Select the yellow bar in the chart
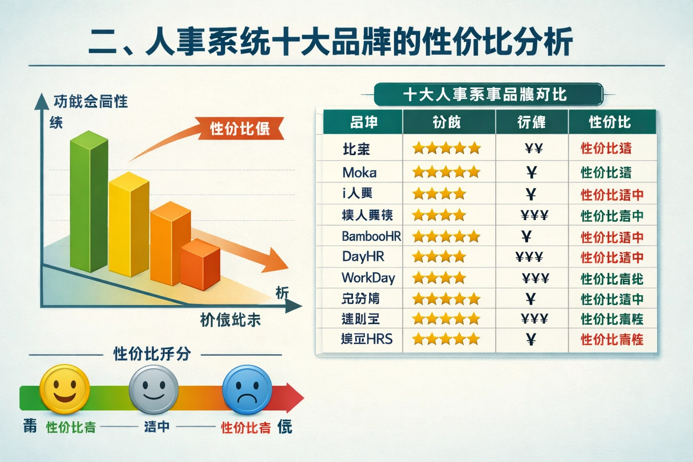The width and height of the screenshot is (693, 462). (129, 226)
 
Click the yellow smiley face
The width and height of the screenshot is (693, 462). (65, 389)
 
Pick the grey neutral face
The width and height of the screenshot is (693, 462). (153, 389)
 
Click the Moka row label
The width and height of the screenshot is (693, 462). (360, 172)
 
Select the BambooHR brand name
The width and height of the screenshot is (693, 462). (371, 236)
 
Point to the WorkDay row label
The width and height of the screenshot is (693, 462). (368, 277)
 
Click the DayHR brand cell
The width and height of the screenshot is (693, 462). (363, 257)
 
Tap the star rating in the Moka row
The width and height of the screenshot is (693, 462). (446, 172)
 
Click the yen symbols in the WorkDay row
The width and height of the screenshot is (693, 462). (535, 278)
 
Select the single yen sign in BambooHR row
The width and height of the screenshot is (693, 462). (526, 236)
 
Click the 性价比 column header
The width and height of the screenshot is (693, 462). (610, 122)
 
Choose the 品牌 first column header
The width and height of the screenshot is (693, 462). (364, 122)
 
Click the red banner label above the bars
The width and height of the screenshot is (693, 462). (240, 129)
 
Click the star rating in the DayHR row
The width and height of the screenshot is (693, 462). (439, 257)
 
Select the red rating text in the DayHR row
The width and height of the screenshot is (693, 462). (612, 258)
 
